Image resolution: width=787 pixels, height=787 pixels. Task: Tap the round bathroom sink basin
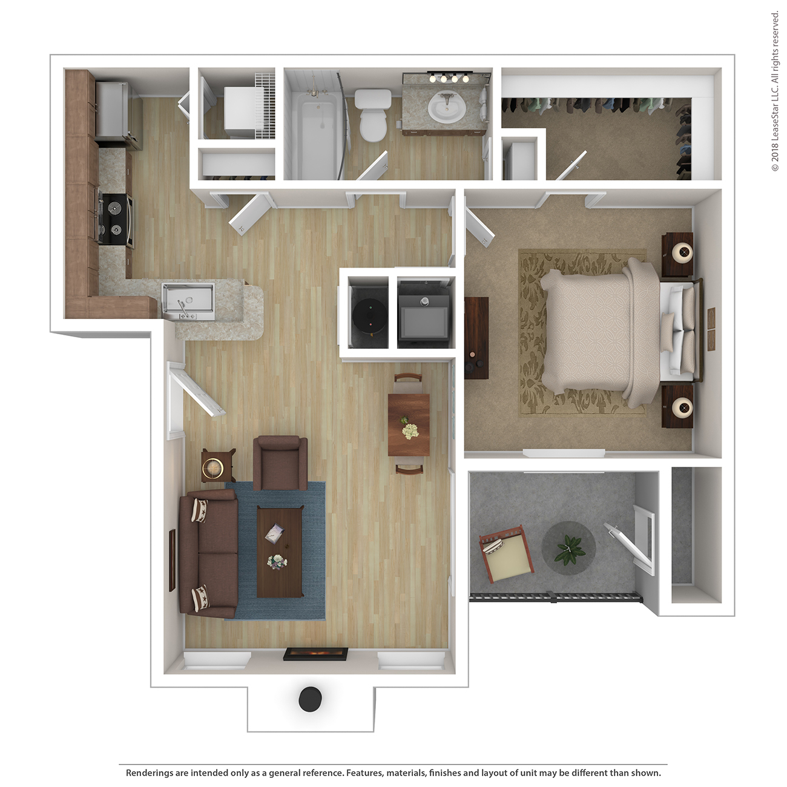[446, 106]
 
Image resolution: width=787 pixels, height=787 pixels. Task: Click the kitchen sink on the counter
[188, 302]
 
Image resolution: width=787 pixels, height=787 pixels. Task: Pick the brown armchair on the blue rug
[280, 463]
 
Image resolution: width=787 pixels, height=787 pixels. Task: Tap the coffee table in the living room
[280, 552]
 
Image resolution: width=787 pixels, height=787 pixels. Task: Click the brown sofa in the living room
[208, 554]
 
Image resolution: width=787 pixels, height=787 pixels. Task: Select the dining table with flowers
[409, 424]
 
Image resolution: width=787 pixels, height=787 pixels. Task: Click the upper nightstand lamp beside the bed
[682, 253]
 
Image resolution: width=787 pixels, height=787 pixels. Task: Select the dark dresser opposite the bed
[476, 338]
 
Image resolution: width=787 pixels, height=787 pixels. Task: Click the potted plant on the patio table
[569, 549]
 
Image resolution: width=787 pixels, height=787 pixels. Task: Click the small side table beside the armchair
[219, 466]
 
